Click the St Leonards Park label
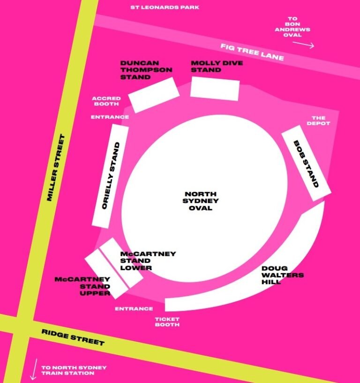tap(165, 8)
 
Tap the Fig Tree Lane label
tap(252, 52)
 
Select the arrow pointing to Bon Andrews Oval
tap(304, 45)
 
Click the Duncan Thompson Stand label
tap(146, 70)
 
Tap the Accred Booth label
tap(106, 101)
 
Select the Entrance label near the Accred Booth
tap(110, 117)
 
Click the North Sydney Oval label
tap(201, 201)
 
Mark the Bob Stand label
tap(306, 164)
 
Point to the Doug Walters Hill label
tap(282, 275)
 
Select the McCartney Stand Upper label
tap(82, 286)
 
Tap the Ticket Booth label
tap(167, 322)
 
